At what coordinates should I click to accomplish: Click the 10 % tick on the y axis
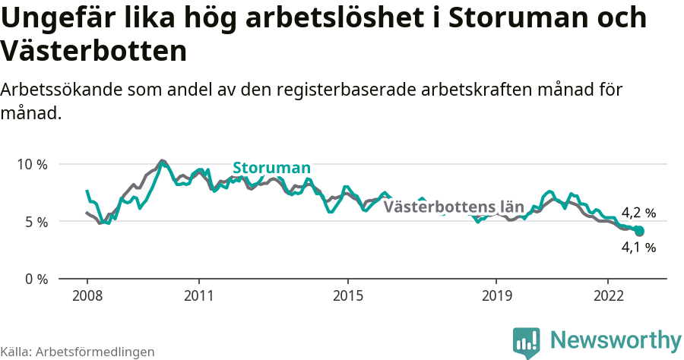[x=31, y=164]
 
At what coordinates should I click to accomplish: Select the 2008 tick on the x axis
[x=87, y=295]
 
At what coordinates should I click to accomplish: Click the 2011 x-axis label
[x=198, y=295]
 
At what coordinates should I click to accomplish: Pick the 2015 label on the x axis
[x=347, y=295]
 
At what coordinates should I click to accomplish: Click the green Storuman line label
[x=271, y=168]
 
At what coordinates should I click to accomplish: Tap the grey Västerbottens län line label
[x=454, y=207]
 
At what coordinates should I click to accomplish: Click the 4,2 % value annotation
[x=638, y=213]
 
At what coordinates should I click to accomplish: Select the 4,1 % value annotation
[x=638, y=247]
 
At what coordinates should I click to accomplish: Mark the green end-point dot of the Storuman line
[x=639, y=231]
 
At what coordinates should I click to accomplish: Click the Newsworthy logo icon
[x=527, y=343]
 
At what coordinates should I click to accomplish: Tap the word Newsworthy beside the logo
[x=616, y=339]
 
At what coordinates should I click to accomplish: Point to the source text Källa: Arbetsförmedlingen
[x=78, y=352]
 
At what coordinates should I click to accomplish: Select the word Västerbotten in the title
[x=93, y=52]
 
